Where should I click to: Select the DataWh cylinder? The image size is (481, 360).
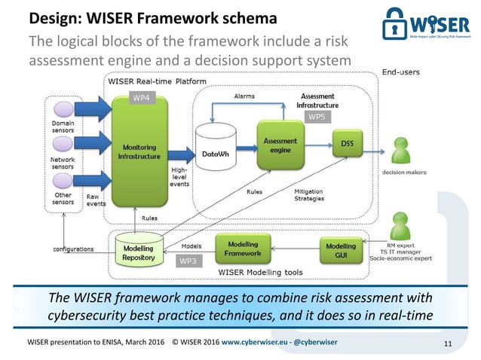(215, 151)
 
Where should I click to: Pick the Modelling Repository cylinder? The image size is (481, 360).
(138, 252)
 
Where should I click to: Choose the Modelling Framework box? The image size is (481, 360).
(242, 248)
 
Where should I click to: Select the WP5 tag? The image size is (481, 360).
(317, 117)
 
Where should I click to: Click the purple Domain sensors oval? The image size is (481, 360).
(63, 108)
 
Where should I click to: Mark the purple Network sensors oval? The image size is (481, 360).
(63, 145)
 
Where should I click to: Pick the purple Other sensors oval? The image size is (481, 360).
(63, 182)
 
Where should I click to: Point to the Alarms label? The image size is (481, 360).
(244, 97)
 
